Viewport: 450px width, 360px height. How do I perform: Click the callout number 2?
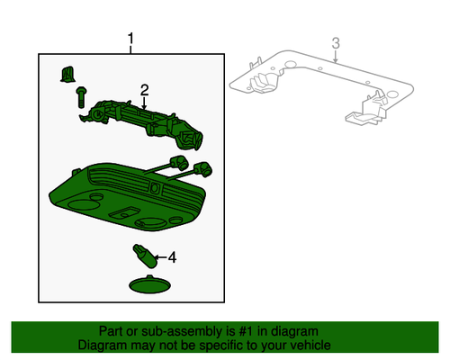143,89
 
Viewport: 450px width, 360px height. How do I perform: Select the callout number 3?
335,43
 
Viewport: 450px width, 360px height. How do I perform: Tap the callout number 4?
172,258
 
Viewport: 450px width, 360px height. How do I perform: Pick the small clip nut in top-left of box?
67,73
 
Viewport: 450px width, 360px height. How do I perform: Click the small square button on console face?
154,190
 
